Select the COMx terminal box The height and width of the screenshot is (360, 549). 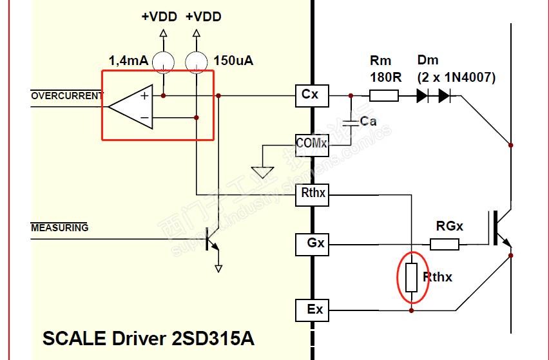pyautogui.click(x=311, y=143)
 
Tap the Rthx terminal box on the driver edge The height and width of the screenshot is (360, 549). pyautogui.click(x=311, y=193)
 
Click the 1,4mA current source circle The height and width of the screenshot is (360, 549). pyautogui.click(x=163, y=61)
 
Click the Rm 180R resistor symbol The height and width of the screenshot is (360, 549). pyautogui.click(x=383, y=96)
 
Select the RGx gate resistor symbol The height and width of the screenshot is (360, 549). pyautogui.click(x=445, y=244)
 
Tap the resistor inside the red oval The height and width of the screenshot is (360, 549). pyautogui.click(x=412, y=278)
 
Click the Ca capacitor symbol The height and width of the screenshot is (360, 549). pyautogui.click(x=351, y=121)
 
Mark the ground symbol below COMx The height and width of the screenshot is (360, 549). pyautogui.click(x=262, y=173)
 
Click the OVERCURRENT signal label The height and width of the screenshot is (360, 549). pyautogui.click(x=67, y=96)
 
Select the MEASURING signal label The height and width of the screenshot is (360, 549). pyautogui.click(x=60, y=227)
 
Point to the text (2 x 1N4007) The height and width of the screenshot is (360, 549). pyautogui.click(x=456, y=77)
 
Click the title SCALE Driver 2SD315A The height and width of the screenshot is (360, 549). pyautogui.click(x=148, y=339)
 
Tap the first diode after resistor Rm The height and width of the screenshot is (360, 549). pyautogui.click(x=423, y=96)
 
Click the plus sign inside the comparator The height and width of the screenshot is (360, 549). pyautogui.click(x=144, y=95)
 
